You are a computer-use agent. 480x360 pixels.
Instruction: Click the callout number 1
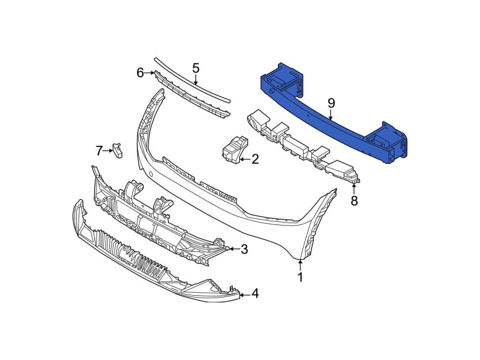tap(301, 277)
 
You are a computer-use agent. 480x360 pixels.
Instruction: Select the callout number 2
tap(255, 159)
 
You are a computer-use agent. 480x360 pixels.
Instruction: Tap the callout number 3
tap(244, 248)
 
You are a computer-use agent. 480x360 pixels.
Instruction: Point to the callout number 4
tap(255, 293)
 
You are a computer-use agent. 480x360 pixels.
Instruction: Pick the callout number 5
tap(196, 68)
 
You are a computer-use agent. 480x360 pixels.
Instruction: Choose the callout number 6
tap(140, 73)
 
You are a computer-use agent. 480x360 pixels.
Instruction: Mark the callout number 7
tap(99, 149)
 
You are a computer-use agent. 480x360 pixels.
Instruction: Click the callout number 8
tap(354, 201)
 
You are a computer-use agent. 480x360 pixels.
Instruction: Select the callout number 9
tap(331, 103)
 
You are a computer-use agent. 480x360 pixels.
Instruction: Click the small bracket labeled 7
tap(118, 151)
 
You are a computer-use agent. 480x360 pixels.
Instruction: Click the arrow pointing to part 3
tap(233, 248)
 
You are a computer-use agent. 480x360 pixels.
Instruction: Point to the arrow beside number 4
tap(244, 294)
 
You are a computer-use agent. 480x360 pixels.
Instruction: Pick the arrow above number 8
tap(354, 187)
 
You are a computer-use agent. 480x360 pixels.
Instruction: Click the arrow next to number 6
tap(150, 73)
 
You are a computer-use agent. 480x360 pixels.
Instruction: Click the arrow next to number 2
tap(244, 159)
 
